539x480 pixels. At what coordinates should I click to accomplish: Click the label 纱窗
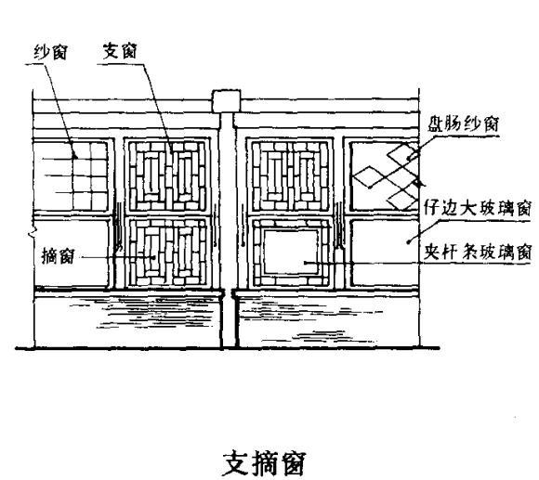point(50,52)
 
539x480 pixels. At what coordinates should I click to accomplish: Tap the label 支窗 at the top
point(120,51)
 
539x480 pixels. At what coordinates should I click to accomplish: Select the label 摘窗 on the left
point(58,256)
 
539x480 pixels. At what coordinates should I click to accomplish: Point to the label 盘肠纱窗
point(464,123)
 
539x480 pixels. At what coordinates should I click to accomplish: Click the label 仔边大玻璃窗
point(478,207)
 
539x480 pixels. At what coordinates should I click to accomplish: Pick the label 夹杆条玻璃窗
point(478,252)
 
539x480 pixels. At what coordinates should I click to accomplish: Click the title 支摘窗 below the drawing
point(264,463)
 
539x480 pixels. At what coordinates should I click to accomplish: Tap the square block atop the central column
point(226,100)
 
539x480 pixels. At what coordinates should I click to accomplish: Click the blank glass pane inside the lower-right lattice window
point(291,252)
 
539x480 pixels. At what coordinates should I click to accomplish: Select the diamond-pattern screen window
point(385,176)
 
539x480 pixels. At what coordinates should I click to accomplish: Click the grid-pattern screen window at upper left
point(72,175)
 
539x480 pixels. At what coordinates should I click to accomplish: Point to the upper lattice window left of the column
point(167,176)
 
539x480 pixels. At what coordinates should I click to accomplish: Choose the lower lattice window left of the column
point(167,253)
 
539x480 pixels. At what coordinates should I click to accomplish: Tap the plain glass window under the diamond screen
point(385,253)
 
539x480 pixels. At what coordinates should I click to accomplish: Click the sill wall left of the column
point(128,319)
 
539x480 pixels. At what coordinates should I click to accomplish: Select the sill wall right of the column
point(327,319)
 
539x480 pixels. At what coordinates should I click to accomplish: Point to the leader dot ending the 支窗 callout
point(171,152)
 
